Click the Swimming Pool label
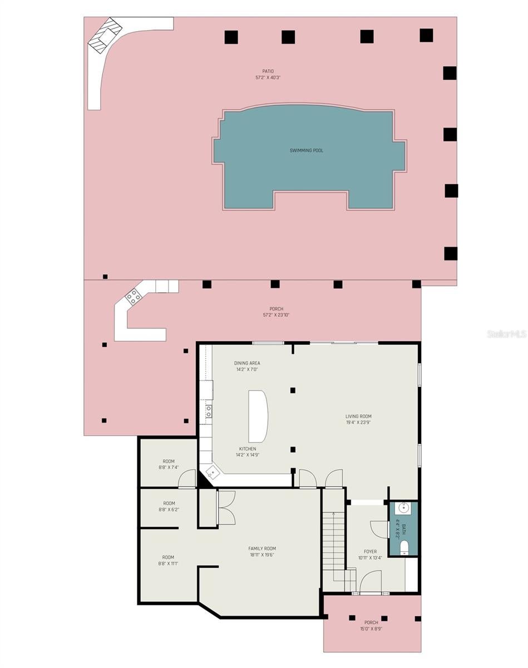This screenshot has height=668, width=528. coord(306,150)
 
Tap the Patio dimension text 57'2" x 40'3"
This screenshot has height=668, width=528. coord(268,77)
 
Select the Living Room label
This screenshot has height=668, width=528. coord(358,416)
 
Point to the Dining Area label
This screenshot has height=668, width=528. coord(247,363)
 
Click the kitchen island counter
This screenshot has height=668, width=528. coord(258,416)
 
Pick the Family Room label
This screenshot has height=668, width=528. coord(262,548)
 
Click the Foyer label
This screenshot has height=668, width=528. coord(370,552)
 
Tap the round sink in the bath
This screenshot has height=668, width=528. coord(403,508)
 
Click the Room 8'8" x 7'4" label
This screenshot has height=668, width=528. coord(169,461)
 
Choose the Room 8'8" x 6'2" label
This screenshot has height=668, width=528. coord(169,503)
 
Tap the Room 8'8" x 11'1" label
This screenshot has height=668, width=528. coord(168,557)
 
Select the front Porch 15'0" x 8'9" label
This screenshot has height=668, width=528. coord(371,622)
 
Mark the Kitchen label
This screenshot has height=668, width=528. coord(248,449)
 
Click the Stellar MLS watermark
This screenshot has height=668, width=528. coord(506,333)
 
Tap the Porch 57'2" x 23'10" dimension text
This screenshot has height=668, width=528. coord(277,315)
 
